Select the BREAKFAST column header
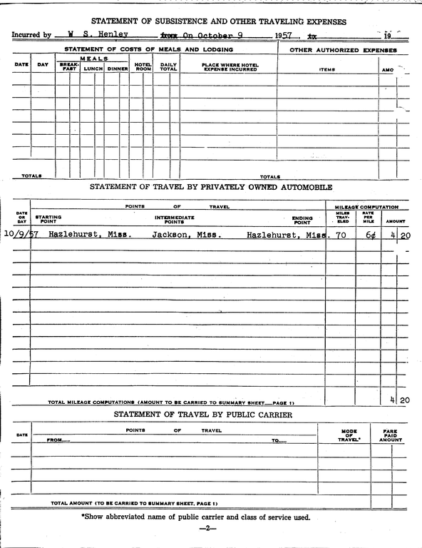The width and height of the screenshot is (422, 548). click(69, 67)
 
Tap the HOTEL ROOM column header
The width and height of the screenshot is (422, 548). click(143, 67)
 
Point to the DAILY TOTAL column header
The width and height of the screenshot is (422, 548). click(168, 67)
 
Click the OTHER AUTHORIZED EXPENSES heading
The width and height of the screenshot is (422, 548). click(343, 51)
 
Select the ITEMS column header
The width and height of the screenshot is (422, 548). click(327, 69)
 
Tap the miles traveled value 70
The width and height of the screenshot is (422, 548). click(341, 234)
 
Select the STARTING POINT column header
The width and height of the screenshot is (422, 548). click(48, 219)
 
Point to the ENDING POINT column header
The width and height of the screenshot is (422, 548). click(302, 219)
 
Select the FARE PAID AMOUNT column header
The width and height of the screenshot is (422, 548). click(391, 436)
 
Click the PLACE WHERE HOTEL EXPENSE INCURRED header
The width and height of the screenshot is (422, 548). click(230, 67)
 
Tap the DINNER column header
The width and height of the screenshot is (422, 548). click(118, 68)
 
